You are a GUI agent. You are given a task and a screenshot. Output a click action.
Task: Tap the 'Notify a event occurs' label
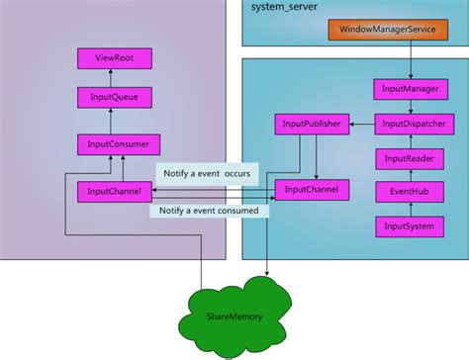207,173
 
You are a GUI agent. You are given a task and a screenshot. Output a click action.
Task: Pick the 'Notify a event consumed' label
209,210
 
